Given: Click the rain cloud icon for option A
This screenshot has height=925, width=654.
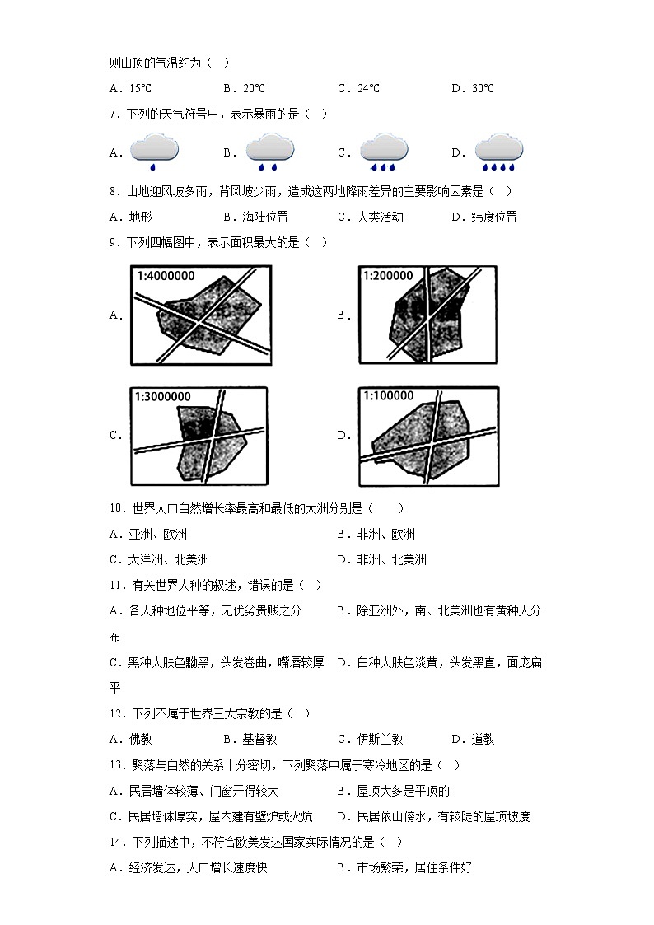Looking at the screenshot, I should pos(154,150).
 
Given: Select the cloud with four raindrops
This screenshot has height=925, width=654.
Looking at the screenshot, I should pos(498,150).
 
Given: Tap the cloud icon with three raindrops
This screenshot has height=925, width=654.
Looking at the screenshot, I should pos(384,150).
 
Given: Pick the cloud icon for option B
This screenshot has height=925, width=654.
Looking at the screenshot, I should pos(269,150).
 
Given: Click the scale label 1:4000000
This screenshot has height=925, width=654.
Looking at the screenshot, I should pos(166,276).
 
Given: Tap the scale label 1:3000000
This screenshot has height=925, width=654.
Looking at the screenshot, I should pos(163,396).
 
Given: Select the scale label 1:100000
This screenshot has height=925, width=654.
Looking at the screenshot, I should pos(389,396).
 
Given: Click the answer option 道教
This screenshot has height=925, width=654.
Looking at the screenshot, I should pos(481,740).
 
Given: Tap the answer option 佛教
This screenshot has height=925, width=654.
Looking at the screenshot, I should pos(140,740).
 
